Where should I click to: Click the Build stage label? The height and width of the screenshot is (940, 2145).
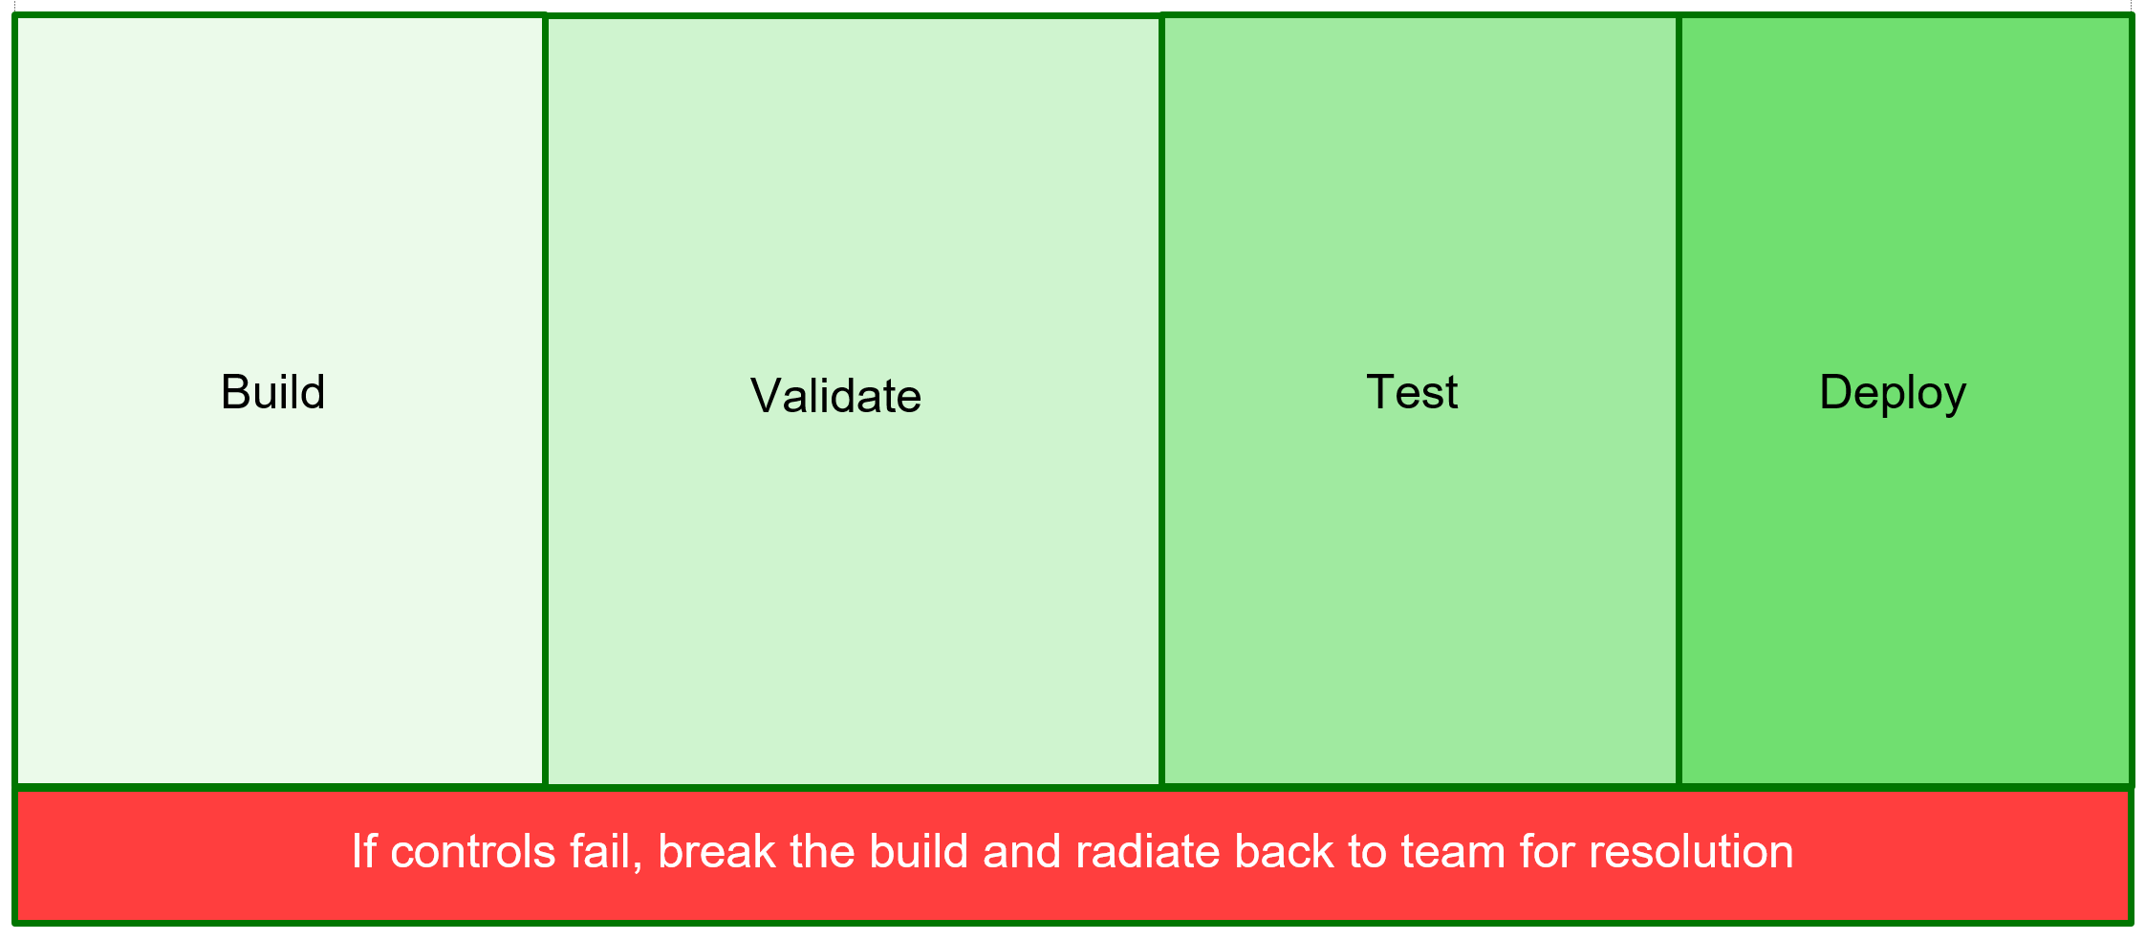point(273,392)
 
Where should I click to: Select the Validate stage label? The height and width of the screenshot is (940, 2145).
point(836,396)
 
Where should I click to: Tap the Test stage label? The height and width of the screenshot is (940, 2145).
point(1412,392)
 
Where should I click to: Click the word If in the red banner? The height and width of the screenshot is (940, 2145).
point(364,851)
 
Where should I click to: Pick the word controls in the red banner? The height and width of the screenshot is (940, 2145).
point(473,852)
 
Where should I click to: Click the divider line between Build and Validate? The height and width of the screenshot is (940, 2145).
point(545,401)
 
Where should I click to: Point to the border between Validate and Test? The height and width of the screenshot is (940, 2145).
point(1161,401)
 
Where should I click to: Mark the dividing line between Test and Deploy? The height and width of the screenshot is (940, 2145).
point(1679,401)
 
